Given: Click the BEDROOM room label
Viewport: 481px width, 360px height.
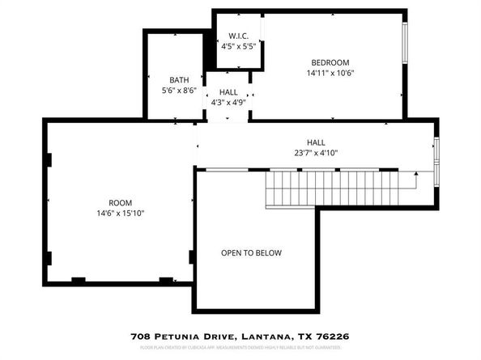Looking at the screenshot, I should pyautogui.click(x=330, y=62).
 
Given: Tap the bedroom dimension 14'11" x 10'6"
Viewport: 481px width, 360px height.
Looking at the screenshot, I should pyautogui.click(x=330, y=73).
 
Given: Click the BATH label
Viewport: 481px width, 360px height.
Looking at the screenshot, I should pyautogui.click(x=179, y=79).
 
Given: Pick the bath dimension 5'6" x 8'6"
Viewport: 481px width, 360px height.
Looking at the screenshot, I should pyautogui.click(x=179, y=90).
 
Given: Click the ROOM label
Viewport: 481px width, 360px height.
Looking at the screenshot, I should pyautogui.click(x=121, y=202).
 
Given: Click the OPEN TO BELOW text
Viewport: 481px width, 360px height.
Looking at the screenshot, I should pyautogui.click(x=251, y=253).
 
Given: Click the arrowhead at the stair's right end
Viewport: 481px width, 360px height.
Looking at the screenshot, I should pyautogui.click(x=415, y=172).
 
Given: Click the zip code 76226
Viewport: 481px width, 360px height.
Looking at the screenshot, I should pyautogui.click(x=334, y=336).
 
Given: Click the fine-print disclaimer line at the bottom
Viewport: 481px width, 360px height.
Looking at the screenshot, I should pyautogui.click(x=240, y=348).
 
